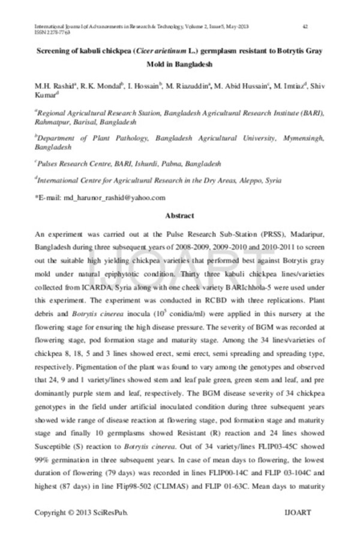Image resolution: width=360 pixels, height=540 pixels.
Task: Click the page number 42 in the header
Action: (x=305, y=26)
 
